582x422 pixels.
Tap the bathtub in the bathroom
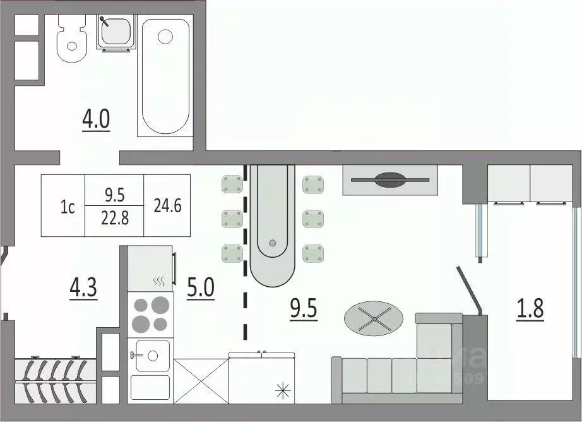click(165, 76)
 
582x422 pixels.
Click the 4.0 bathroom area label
click(96, 119)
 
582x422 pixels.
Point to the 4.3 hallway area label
click(83, 288)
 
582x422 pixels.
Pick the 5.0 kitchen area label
click(201, 288)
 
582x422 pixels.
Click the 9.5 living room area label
click(303, 309)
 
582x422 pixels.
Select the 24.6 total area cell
click(167, 206)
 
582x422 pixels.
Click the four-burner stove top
click(150, 314)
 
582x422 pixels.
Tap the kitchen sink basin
click(150, 355)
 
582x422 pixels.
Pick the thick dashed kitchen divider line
click(245, 253)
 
